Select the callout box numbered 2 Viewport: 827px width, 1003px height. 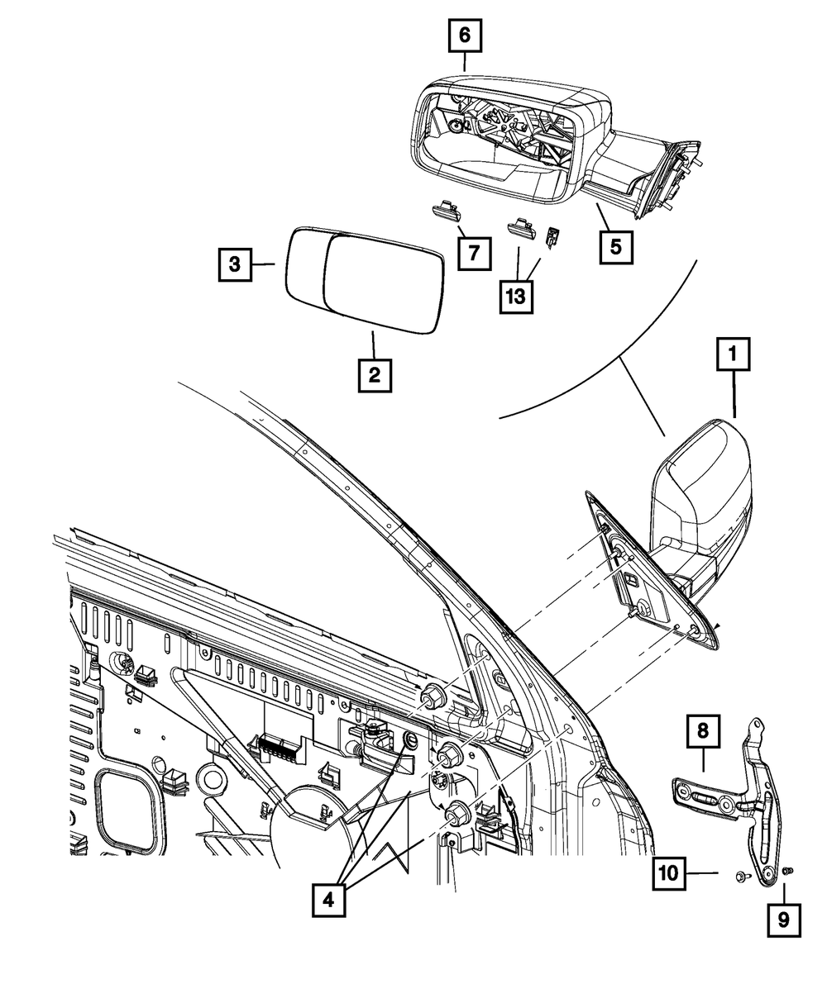click(x=374, y=376)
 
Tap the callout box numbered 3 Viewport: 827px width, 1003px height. click(x=235, y=264)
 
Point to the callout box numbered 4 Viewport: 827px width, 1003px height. click(x=329, y=899)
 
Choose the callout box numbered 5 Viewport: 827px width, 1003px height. click(x=617, y=247)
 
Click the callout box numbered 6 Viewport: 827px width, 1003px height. click(x=464, y=36)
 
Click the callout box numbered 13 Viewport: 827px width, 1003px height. click(x=516, y=297)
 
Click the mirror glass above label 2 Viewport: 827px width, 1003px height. click(x=364, y=281)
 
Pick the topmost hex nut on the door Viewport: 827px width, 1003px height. click(x=432, y=698)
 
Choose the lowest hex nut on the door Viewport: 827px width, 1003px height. click(x=454, y=814)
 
